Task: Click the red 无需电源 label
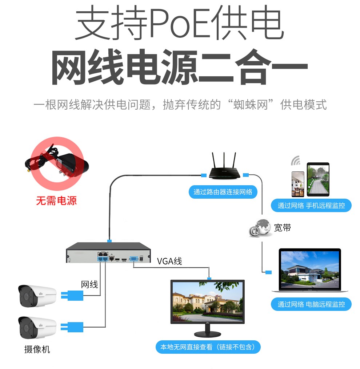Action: (56, 201)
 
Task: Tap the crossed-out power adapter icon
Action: (57, 163)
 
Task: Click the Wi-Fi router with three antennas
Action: (224, 166)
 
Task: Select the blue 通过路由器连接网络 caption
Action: (223, 192)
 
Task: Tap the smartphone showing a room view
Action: (298, 184)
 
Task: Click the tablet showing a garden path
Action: (318, 179)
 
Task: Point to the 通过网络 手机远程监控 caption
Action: (311, 206)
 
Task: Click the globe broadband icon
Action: (260, 228)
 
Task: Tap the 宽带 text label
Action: (283, 228)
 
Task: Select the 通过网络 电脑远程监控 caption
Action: (311, 304)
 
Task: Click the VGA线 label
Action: (169, 261)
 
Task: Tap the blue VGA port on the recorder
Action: (133, 259)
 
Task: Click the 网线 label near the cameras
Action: (89, 284)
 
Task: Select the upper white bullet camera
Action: (37, 296)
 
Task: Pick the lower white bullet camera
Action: (37, 328)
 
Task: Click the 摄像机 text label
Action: (37, 349)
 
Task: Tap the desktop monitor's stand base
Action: (207, 334)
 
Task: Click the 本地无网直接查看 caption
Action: (186, 347)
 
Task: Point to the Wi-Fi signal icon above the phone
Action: (296, 161)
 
